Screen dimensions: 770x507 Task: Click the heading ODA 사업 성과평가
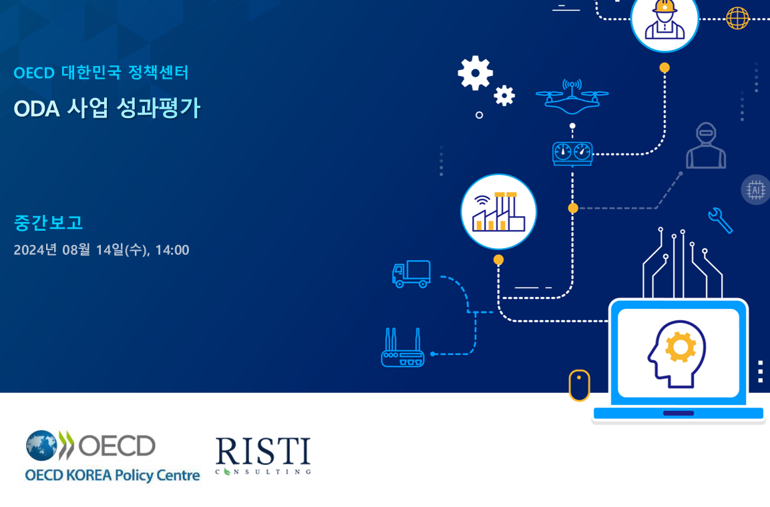click(x=107, y=108)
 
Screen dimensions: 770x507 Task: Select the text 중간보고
click(x=48, y=223)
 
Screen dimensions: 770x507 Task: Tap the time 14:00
click(x=172, y=250)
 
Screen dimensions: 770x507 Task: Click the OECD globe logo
click(x=42, y=446)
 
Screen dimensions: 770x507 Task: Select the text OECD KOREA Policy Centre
click(x=112, y=475)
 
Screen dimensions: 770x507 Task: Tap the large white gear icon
click(x=475, y=73)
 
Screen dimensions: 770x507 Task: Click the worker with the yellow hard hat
click(x=664, y=19)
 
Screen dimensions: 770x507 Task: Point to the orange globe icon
click(x=737, y=19)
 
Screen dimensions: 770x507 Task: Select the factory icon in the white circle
click(x=498, y=212)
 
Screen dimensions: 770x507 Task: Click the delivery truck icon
click(x=411, y=274)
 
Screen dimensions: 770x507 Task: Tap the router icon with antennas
click(x=403, y=348)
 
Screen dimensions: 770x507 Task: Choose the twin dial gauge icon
click(x=572, y=153)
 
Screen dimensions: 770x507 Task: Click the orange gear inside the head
click(x=681, y=347)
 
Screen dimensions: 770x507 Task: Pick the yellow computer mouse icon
click(x=580, y=386)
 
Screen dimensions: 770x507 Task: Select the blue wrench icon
click(x=721, y=221)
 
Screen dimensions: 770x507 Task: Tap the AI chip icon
click(x=755, y=189)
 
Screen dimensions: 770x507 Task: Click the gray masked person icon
click(x=706, y=145)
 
